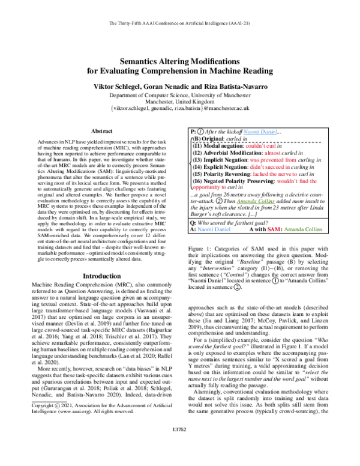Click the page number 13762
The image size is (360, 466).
click(x=179, y=446)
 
